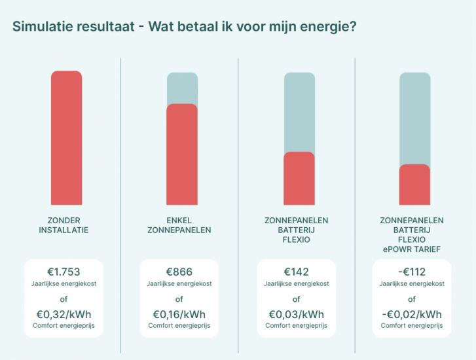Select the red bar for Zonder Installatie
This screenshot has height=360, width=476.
66,140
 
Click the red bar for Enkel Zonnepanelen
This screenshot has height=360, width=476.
181,156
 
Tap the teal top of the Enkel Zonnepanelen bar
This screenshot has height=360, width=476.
181,88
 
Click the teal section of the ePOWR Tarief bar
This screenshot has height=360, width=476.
414,118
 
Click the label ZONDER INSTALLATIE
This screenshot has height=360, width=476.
64,225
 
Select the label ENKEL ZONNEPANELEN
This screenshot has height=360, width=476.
180,225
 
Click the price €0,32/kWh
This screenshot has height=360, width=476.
64,314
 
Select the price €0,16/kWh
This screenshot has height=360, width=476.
179,314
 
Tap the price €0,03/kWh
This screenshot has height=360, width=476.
296,314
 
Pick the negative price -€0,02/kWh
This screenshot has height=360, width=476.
412,314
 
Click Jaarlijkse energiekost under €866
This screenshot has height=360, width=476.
179,284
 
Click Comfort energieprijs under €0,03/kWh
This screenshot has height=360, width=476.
296,325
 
